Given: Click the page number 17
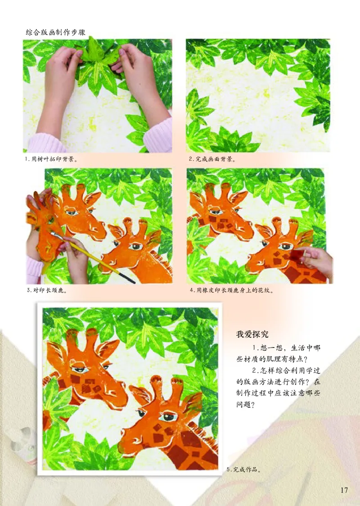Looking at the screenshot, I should (x=344, y=490).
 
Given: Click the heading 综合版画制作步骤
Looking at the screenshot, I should (x=56, y=33).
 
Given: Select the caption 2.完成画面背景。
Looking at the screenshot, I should (x=213, y=159).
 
